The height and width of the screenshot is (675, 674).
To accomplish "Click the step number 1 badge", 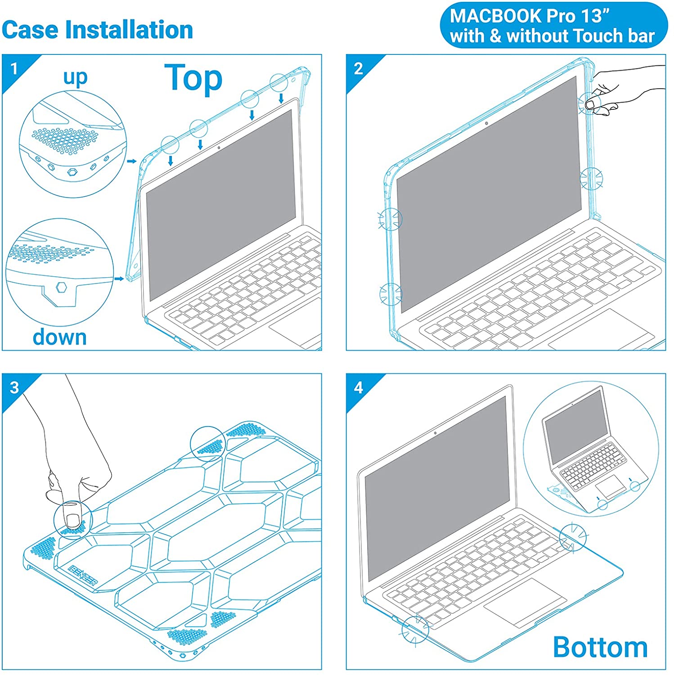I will click(14, 69).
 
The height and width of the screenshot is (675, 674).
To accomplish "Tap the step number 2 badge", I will click(358, 69).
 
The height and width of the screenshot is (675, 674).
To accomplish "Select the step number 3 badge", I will click(14, 387).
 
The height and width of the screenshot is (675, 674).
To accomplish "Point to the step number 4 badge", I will click(358, 387).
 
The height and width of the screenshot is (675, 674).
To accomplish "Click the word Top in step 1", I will click(193, 78).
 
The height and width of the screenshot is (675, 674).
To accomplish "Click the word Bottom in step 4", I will click(600, 647).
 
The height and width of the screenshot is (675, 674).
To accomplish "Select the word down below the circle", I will click(60, 337).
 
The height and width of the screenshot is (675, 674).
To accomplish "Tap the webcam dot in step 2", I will click(486, 123).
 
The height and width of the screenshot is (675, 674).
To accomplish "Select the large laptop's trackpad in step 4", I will click(525, 601).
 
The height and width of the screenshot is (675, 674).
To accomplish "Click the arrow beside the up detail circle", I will click(132, 161).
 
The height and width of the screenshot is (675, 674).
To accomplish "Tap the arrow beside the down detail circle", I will click(119, 279).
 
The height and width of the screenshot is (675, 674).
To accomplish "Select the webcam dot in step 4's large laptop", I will click(435, 433).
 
